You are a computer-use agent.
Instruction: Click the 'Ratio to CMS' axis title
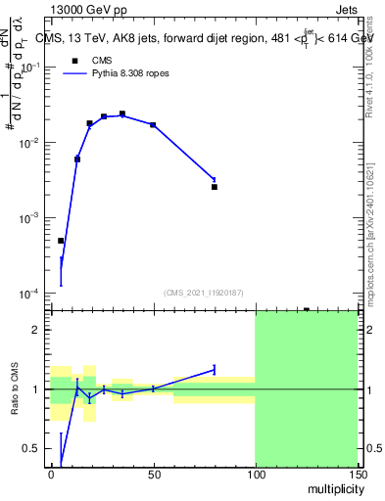point(16,388)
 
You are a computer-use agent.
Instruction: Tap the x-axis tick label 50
point(153,473)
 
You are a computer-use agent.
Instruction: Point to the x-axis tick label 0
point(51,473)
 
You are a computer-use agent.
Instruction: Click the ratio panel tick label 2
point(36,330)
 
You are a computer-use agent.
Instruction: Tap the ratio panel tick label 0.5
point(31,448)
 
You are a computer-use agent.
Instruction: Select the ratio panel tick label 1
point(36,389)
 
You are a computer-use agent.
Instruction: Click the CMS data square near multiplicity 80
point(215,186)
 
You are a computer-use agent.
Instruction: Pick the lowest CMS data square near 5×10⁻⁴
point(61,241)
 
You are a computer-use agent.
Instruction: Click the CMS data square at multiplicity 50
point(153,125)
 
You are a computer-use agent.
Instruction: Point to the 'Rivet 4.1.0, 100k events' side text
point(369,69)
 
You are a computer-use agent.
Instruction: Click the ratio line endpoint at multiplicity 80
point(215,369)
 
